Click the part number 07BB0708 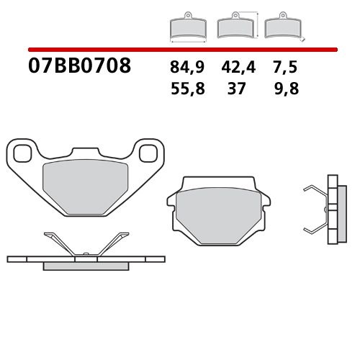coord(80,67)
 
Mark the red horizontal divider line coord(180,50)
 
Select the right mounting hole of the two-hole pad coord(149,152)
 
